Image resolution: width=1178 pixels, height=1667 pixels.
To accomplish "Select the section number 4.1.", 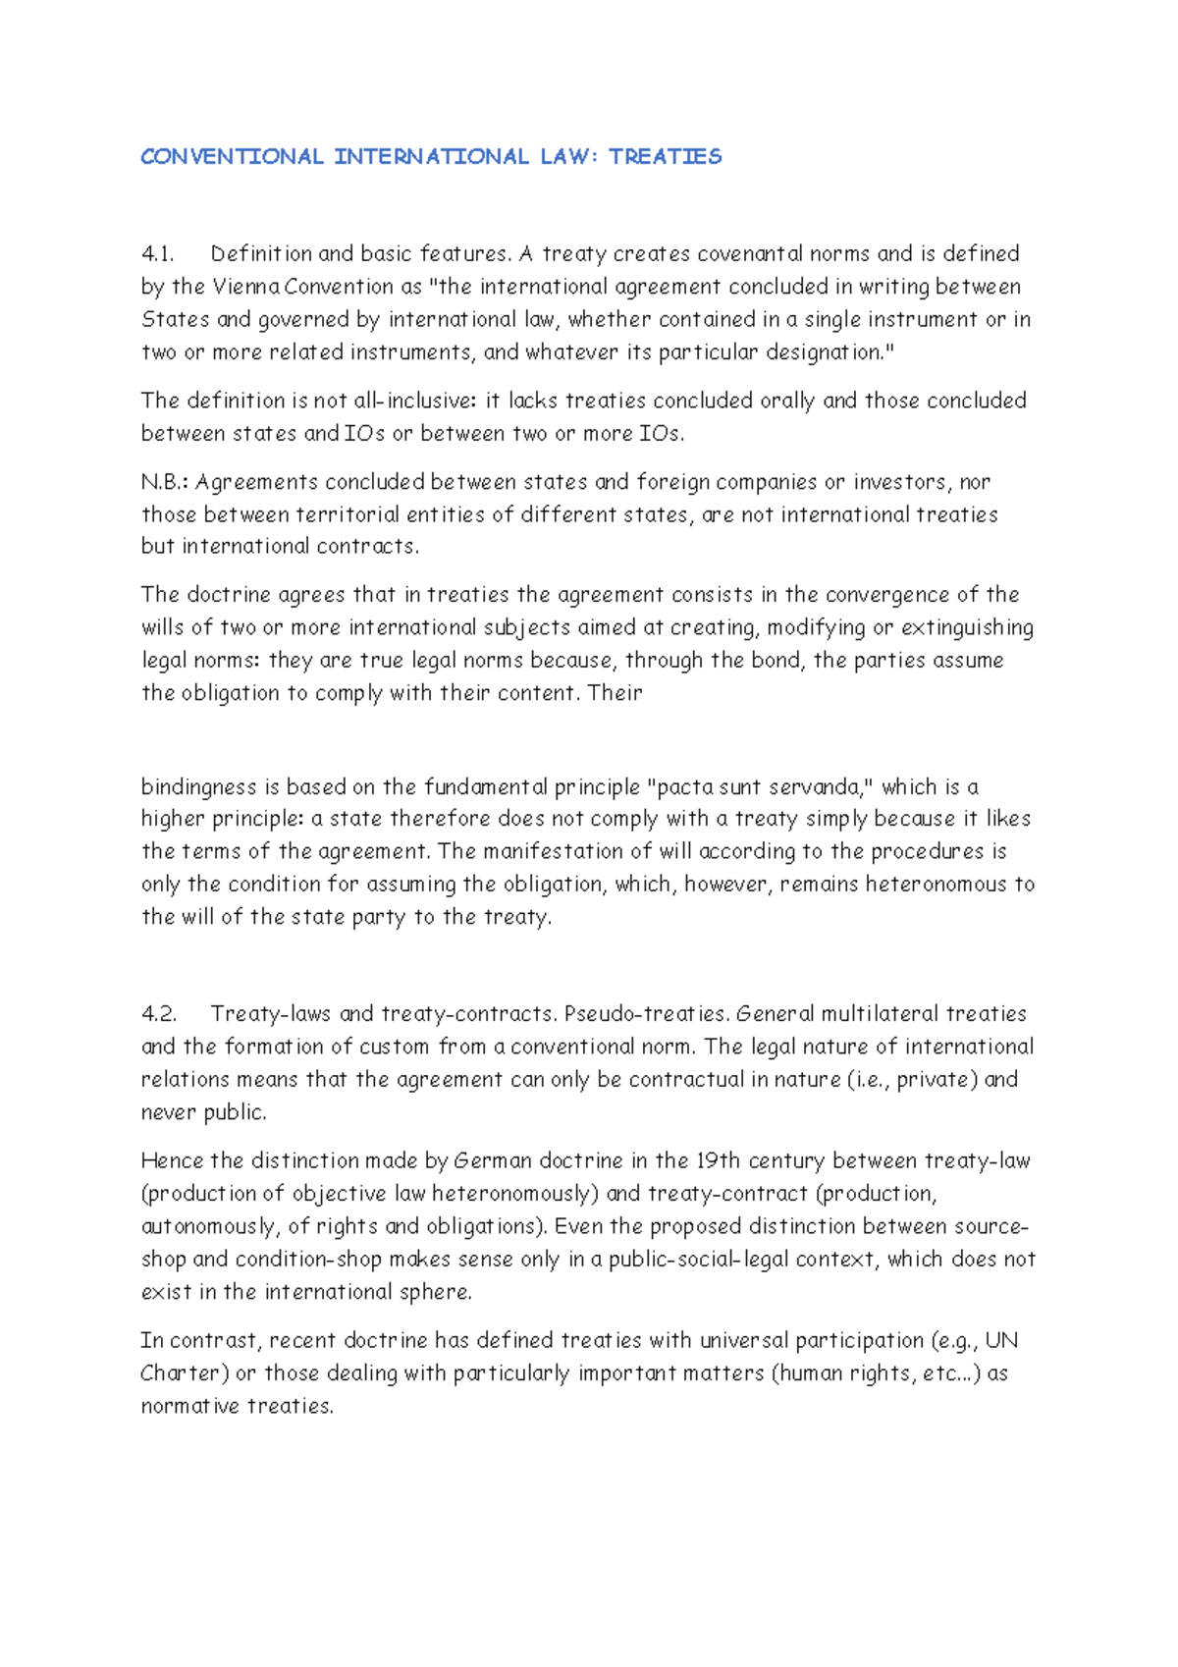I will pos(157,254).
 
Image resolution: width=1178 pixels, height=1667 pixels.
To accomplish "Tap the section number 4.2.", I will pos(158,1014).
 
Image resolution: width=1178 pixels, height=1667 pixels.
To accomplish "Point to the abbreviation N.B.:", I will pos(165,482).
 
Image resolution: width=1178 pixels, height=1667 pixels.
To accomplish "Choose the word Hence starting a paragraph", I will pos(172,1161).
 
